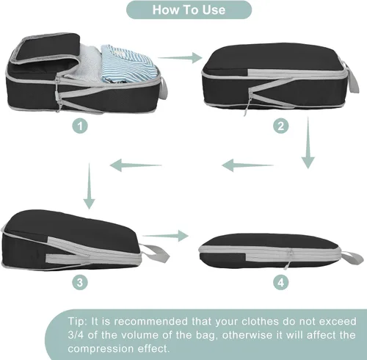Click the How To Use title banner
(189, 10)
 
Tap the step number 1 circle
(80, 126)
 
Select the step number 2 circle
(281, 126)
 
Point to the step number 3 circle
(80, 282)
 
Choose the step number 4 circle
(281, 282)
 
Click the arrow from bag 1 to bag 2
(180, 58)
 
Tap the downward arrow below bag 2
(308, 143)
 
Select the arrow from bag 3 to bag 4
(166, 236)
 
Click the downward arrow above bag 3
(89, 186)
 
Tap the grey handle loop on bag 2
(352, 78)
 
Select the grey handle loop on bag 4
(351, 257)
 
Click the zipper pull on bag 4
(288, 259)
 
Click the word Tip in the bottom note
(77, 321)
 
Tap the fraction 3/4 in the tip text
(76, 335)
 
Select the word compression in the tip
(100, 349)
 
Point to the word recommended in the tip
(150, 321)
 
